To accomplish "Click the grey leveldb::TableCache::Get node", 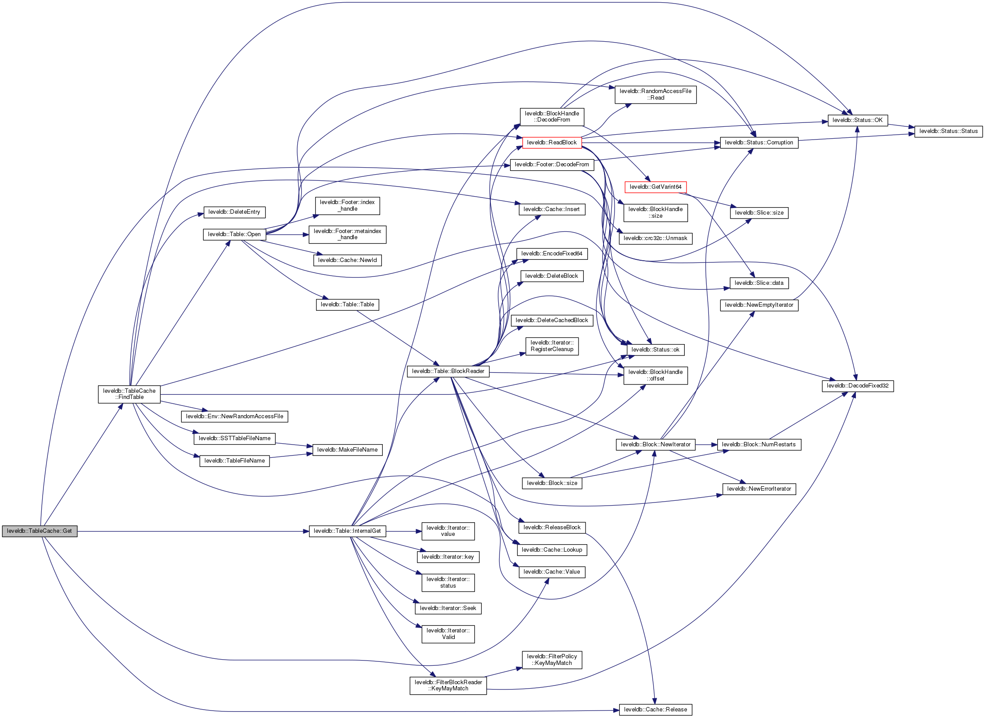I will (x=40, y=531).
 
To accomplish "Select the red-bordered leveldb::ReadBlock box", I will (x=552, y=143).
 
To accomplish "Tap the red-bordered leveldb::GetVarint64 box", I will (x=655, y=187).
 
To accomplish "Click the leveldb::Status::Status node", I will (x=948, y=131).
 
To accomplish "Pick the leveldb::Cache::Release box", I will (x=655, y=710).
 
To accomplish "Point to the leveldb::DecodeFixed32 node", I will (x=857, y=386).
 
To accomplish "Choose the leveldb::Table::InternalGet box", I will (x=347, y=531).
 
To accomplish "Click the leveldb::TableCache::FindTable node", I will (x=129, y=394).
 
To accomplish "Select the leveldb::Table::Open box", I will (x=234, y=234).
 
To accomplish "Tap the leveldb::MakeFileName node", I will (x=347, y=450).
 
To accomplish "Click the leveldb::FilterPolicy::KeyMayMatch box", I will (x=552, y=660).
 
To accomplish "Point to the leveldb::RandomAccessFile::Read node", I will (x=655, y=94).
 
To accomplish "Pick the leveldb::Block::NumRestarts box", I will (x=759, y=445).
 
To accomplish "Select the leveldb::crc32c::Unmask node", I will (x=655, y=238).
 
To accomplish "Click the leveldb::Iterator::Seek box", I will (x=448, y=608).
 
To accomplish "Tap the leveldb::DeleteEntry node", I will (x=234, y=212).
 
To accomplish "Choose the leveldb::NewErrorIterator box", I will (x=759, y=489).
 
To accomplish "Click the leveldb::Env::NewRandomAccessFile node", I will (x=234, y=416).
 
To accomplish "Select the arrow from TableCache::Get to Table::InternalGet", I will (x=193, y=531).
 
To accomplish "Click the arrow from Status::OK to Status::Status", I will (x=901, y=126).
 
